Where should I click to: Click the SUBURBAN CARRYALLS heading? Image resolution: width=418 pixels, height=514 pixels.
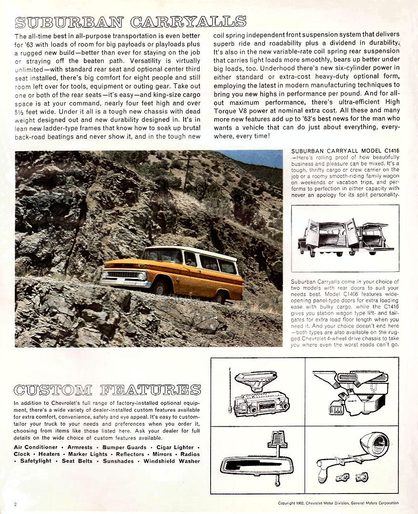(x=131, y=22)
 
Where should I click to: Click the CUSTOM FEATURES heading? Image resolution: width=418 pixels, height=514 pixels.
(x=107, y=390)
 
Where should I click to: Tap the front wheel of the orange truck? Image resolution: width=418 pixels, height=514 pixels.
(x=161, y=287)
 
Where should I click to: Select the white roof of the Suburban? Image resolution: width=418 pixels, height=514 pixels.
(x=191, y=251)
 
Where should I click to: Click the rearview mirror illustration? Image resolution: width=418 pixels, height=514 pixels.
(x=258, y=463)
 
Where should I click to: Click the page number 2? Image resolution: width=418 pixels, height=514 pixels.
(x=16, y=504)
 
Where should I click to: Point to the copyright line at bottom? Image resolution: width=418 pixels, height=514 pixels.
(x=338, y=503)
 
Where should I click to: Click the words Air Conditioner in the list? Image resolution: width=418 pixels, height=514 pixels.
(x=36, y=447)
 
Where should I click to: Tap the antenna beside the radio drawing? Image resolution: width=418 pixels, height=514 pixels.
(x=231, y=391)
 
